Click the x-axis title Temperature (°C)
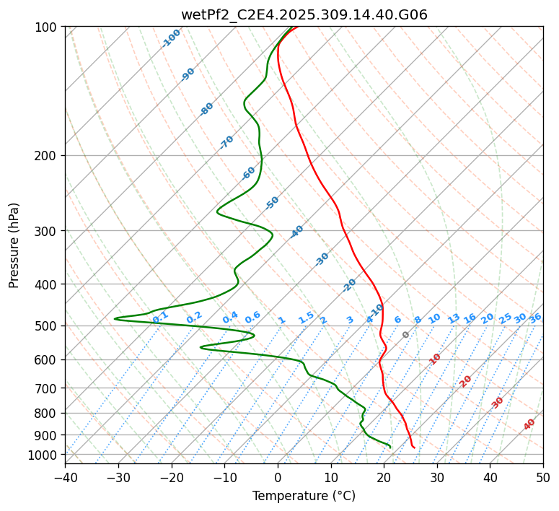coord(304,496)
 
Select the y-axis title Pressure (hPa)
coord(14,245)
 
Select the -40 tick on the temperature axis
coord(65,477)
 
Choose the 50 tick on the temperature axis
coord(543,477)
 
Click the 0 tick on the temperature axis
coord(278,477)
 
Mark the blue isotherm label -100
coord(172,38)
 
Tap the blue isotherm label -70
coord(226,142)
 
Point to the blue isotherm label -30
coord(322,259)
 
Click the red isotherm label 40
coord(529,424)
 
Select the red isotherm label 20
coord(465,381)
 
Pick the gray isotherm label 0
coord(406,335)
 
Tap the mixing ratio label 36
coord(535,318)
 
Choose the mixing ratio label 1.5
coord(306,318)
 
